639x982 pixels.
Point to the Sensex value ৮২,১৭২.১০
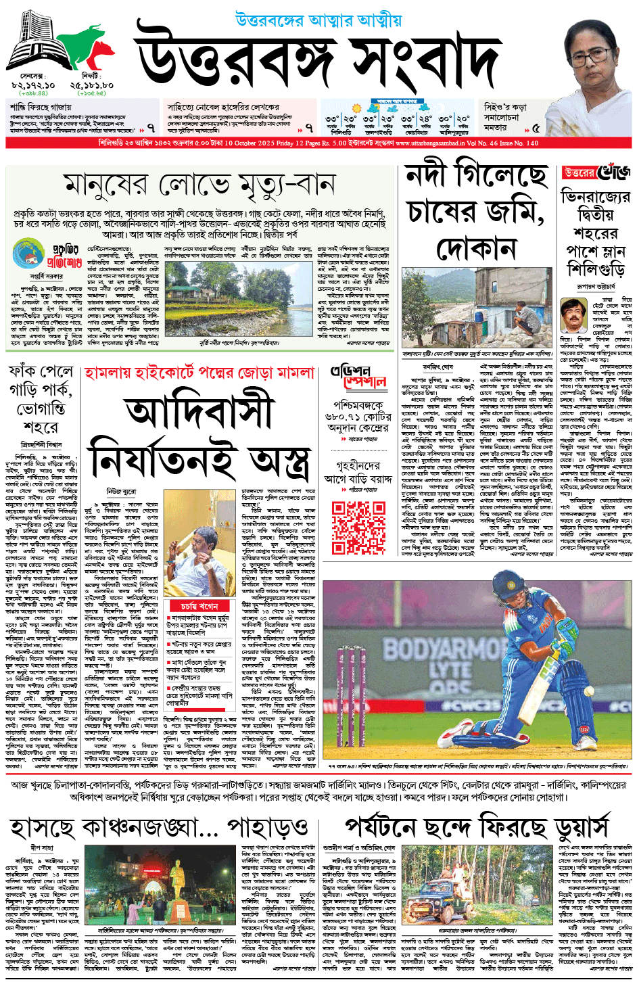click(x=33, y=86)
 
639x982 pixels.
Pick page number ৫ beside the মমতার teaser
click(x=536, y=127)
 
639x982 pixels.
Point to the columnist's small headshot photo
click(x=573, y=315)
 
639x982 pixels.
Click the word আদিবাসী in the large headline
click(x=199, y=413)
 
